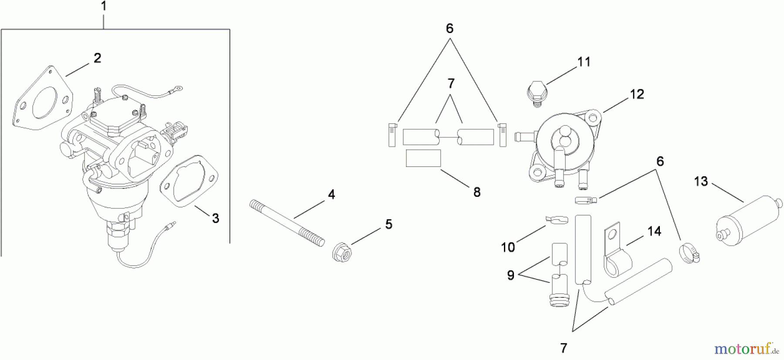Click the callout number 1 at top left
pos(103,7)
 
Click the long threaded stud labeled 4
pos(287,223)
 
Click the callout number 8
pos(477,192)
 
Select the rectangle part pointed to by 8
pos(423,158)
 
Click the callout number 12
pos(637,94)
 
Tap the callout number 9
pos(510,275)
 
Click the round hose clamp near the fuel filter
pos(689,254)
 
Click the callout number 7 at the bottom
pos(564,348)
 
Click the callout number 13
pos(701,182)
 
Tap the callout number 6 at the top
pos(449,29)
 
